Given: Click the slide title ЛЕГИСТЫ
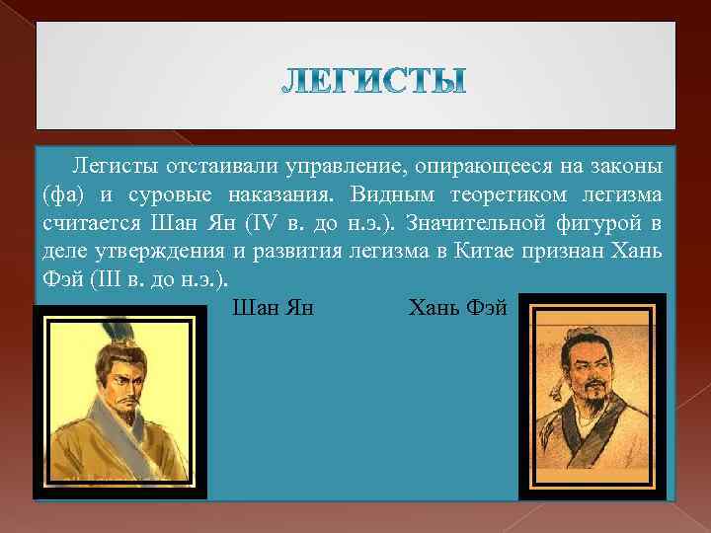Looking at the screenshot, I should click(x=372, y=82).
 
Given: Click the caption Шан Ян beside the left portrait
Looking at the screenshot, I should click(x=272, y=308).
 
